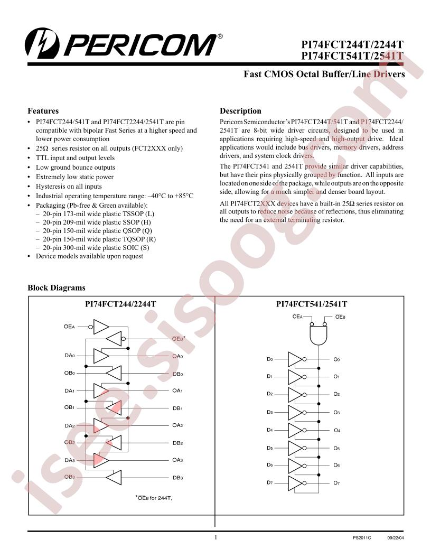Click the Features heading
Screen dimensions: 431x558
(x=43, y=110)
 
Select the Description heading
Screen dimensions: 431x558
(x=240, y=110)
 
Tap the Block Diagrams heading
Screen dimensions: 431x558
(x=57, y=287)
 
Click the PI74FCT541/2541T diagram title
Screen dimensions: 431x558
(x=312, y=304)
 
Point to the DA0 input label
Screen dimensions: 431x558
(x=70, y=356)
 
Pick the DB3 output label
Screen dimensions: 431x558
(x=178, y=478)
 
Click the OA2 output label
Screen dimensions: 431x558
(x=177, y=425)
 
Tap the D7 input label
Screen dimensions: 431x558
(x=270, y=482)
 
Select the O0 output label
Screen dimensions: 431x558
(x=336, y=359)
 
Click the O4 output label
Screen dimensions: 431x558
(x=337, y=430)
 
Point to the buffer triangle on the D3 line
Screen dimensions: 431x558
(x=295, y=413)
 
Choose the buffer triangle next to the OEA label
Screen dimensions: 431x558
(x=101, y=327)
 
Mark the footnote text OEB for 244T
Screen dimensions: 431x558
(x=154, y=498)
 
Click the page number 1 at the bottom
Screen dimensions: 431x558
(x=215, y=537)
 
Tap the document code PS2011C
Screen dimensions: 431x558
(x=362, y=538)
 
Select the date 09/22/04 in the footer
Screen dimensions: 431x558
(x=396, y=538)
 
